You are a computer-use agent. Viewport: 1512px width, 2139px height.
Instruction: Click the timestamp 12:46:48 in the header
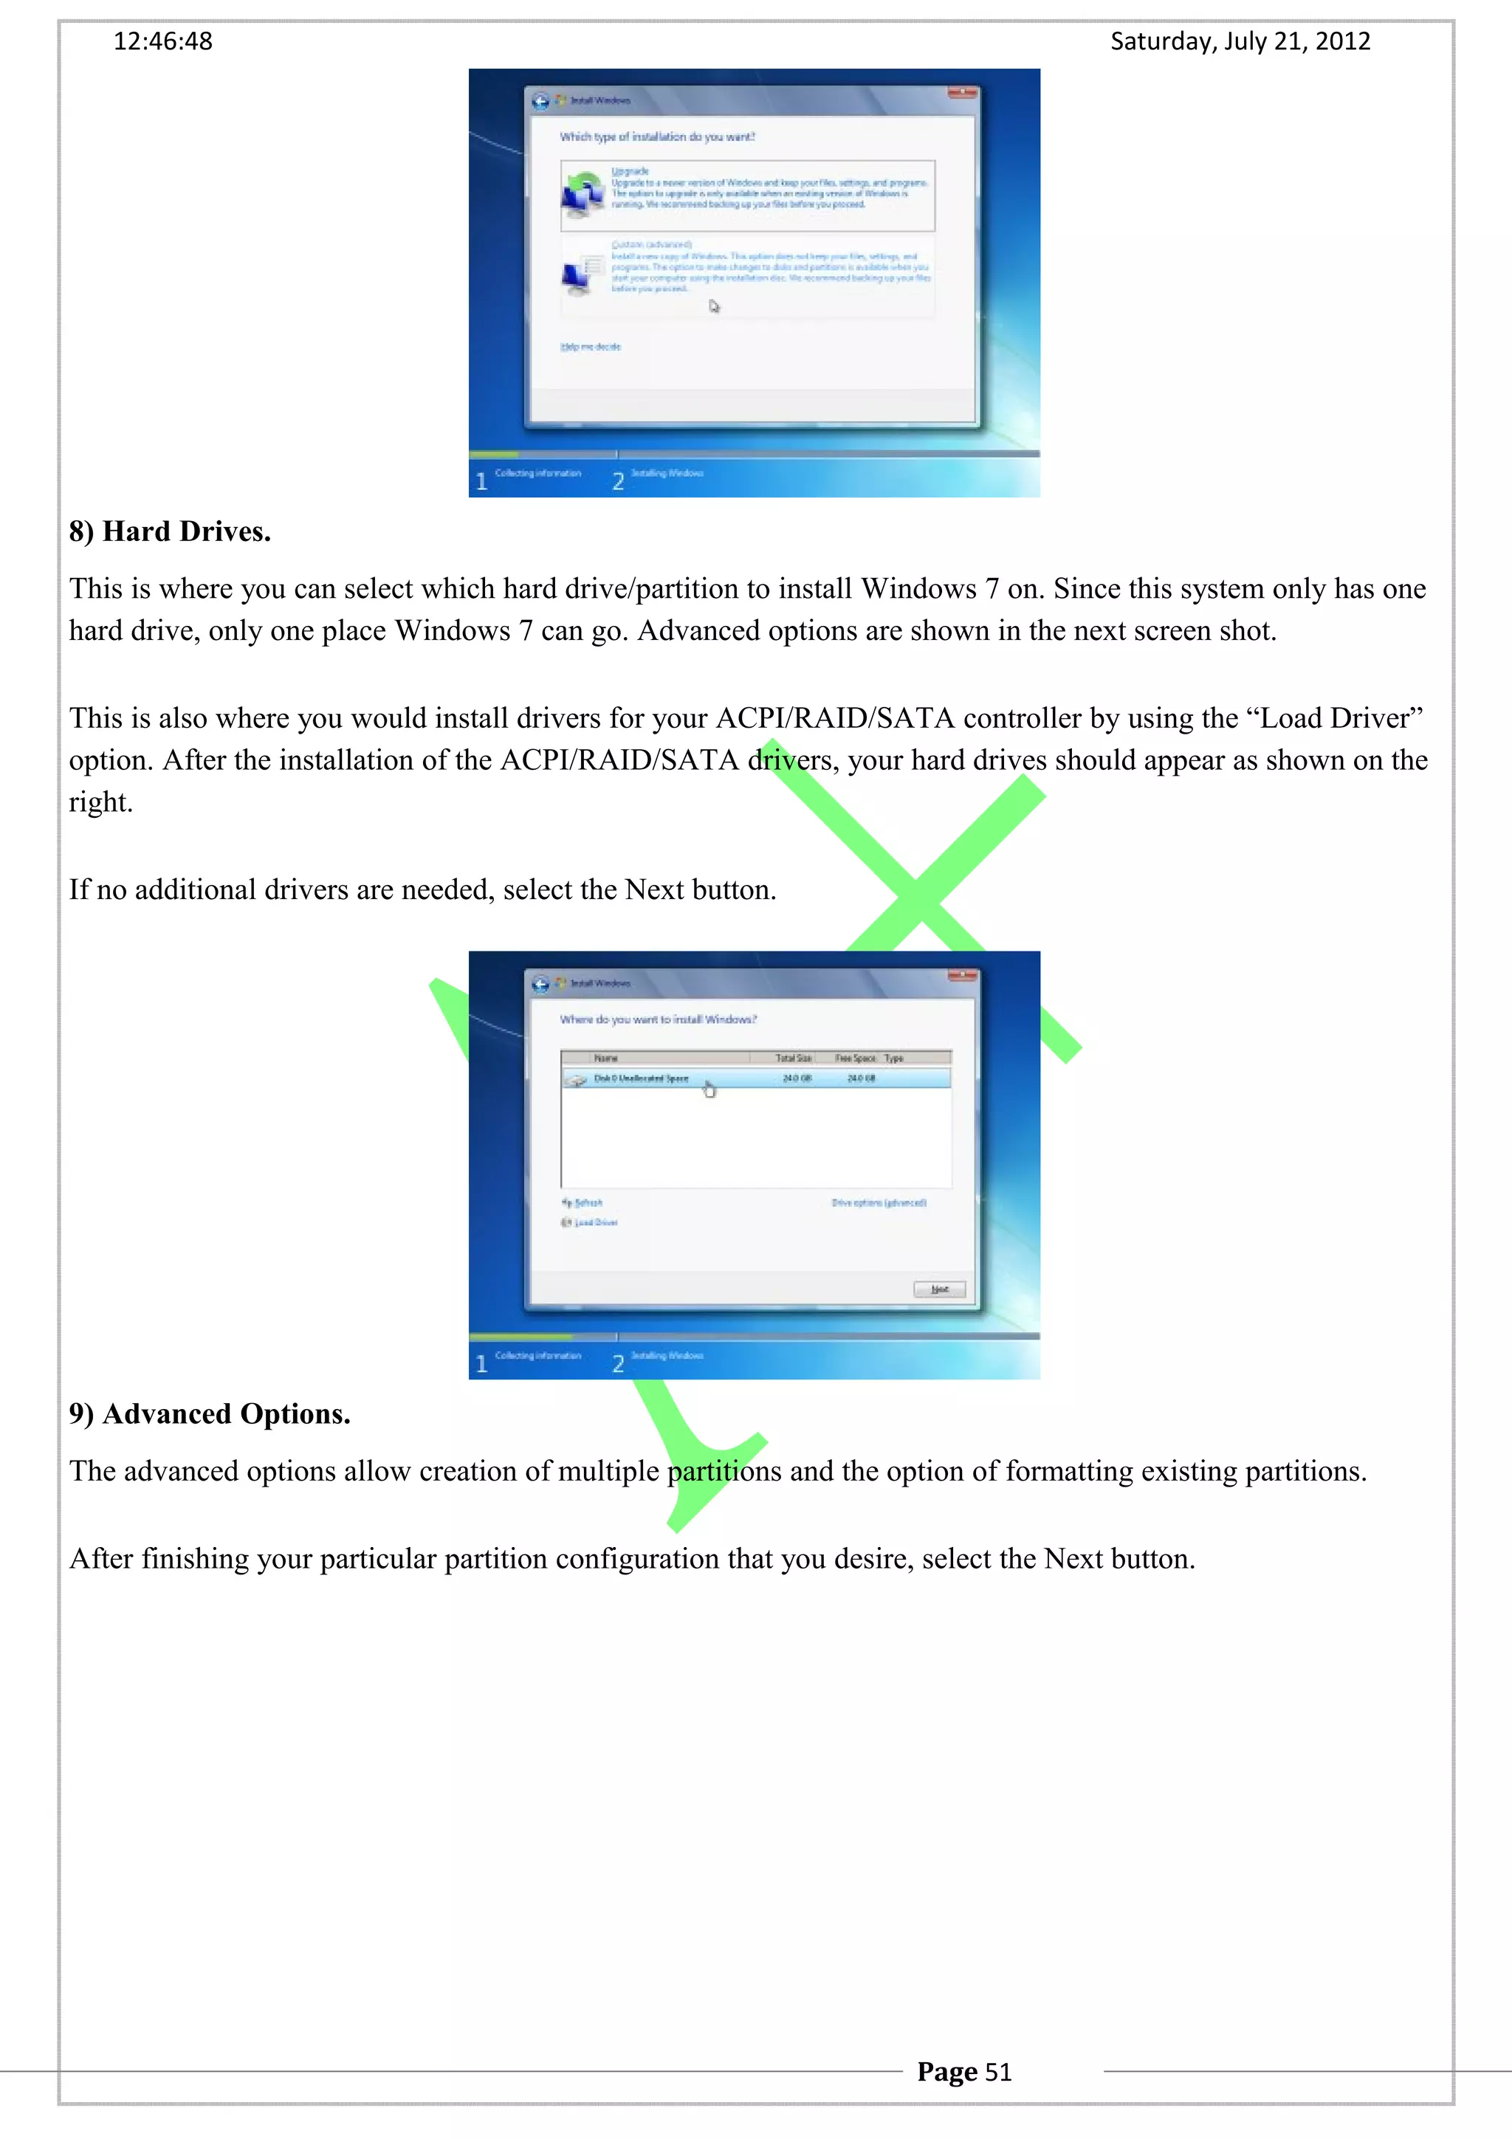click(163, 42)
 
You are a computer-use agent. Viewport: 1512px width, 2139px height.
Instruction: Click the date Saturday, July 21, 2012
click(1240, 42)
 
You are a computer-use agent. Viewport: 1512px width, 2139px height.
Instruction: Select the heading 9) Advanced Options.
click(210, 1414)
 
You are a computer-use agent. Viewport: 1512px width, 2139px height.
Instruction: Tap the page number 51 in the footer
click(997, 2072)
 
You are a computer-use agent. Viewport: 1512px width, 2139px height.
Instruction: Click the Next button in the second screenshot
click(939, 1289)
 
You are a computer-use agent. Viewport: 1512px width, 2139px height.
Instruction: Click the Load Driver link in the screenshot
click(594, 1222)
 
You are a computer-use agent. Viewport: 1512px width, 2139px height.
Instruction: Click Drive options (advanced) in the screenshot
click(879, 1202)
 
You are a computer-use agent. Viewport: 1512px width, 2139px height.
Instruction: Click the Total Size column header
click(793, 1058)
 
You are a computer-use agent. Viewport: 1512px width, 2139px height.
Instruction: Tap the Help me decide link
click(591, 347)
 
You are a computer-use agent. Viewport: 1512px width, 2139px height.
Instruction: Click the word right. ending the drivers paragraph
click(100, 802)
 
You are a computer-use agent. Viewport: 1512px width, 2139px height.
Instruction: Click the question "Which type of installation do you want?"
click(657, 137)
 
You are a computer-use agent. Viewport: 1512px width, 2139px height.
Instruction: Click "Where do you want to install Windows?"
click(658, 1020)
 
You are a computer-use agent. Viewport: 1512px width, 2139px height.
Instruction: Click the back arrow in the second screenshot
click(540, 984)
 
